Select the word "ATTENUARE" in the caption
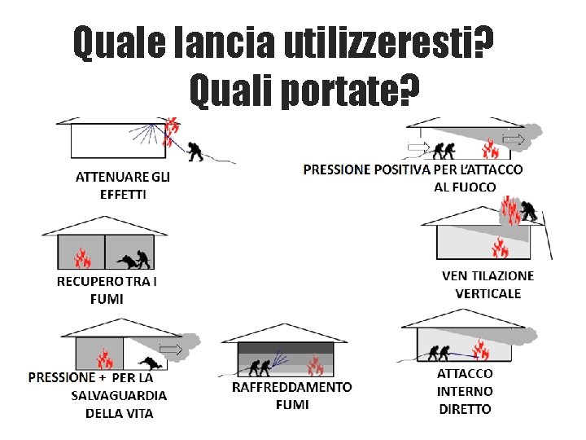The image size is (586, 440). [x=107, y=177]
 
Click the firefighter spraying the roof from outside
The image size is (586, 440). [x=195, y=152]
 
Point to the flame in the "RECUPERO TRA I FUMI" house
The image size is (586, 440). [x=82, y=257]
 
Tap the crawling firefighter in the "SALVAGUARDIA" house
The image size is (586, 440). [x=151, y=363]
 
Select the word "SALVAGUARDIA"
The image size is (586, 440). [x=119, y=395]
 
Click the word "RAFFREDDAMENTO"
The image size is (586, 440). [x=292, y=387]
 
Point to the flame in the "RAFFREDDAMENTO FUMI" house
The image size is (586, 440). [x=315, y=365]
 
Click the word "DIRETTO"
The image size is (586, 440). [x=465, y=409]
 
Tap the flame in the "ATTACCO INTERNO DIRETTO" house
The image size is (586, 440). [x=481, y=349]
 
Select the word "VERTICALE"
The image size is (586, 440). [x=488, y=293]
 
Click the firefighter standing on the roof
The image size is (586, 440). [x=528, y=210]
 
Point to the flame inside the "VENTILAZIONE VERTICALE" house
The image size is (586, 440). [x=500, y=248]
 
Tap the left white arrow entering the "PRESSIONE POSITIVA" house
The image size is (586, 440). [x=418, y=147]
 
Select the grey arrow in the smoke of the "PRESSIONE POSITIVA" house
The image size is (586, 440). [x=514, y=140]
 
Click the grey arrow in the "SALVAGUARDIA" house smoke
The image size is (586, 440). [x=171, y=349]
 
